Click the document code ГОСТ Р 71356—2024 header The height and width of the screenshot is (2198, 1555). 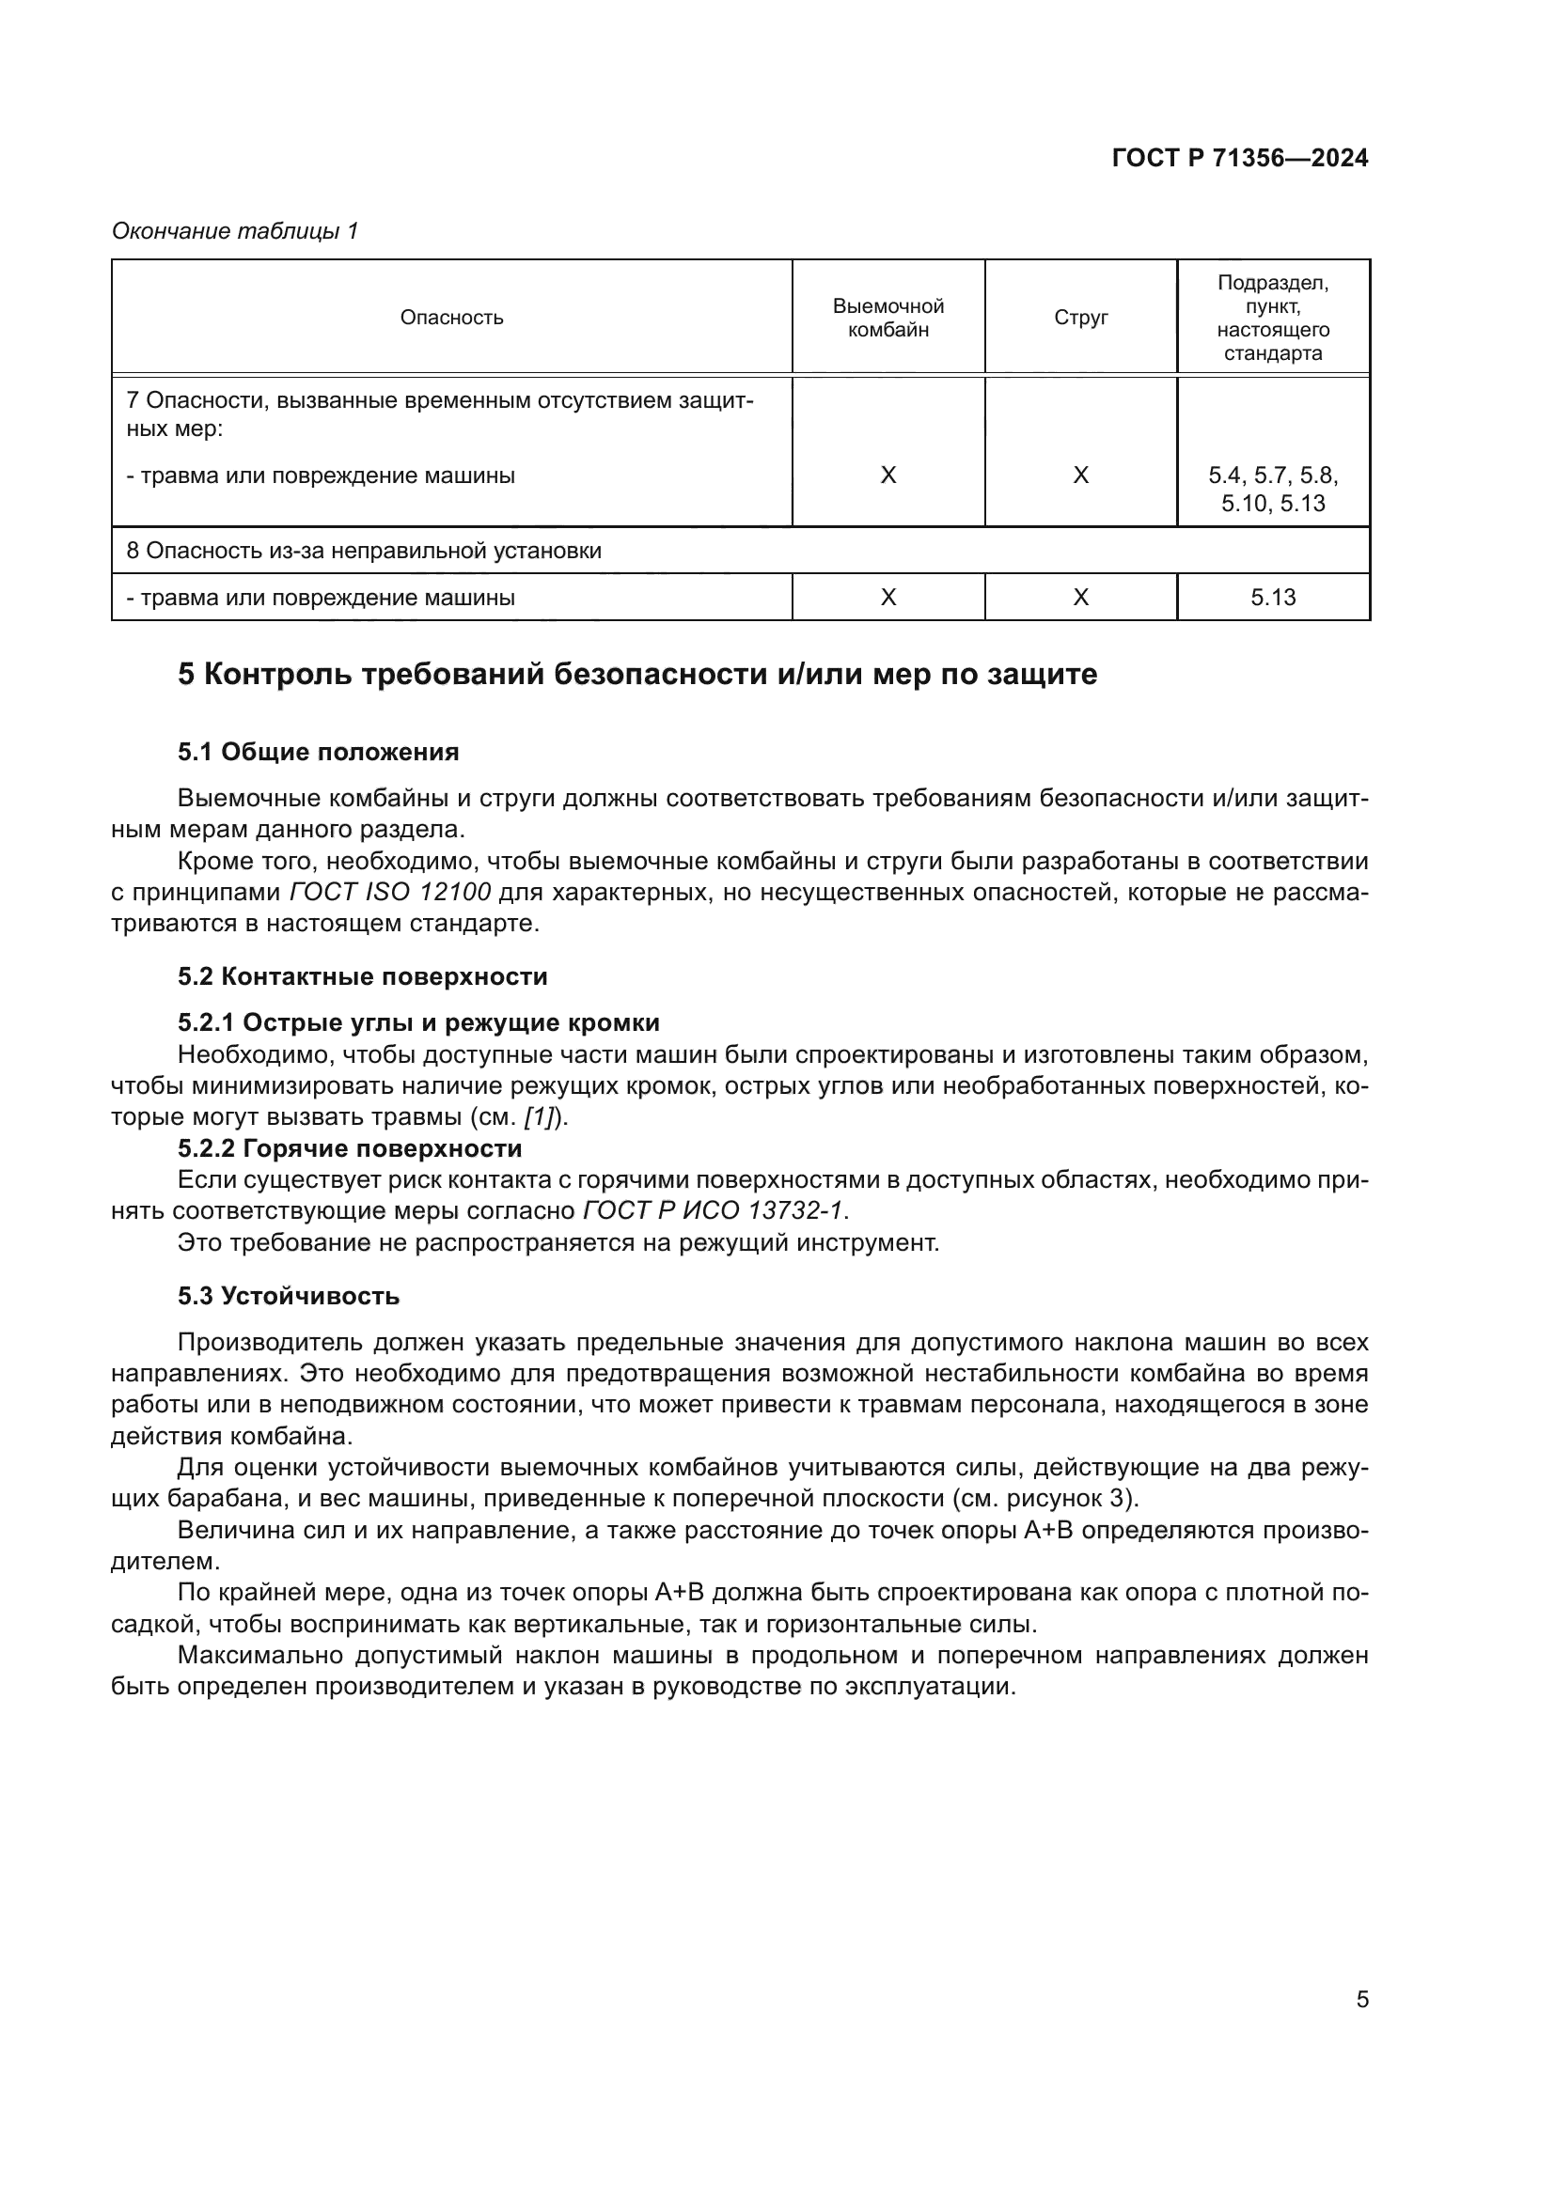tap(1239, 159)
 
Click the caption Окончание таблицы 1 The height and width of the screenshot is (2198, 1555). tap(235, 231)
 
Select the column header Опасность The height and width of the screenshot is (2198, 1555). tap(451, 318)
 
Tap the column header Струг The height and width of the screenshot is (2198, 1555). tap(1080, 318)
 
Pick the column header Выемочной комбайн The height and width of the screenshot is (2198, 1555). tap(887, 318)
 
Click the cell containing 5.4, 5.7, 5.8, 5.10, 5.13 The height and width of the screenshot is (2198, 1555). tap(1273, 490)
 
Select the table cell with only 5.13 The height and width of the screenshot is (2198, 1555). tap(1273, 598)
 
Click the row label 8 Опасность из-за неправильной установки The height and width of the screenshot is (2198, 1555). tap(364, 551)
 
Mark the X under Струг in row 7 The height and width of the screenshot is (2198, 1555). tap(1080, 475)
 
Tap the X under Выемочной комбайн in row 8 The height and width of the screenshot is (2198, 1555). tap(887, 598)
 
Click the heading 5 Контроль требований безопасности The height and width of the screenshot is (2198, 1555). tap(636, 675)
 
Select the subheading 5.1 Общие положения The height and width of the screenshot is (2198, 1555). tap(318, 753)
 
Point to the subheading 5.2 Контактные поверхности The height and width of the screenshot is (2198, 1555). tap(362, 977)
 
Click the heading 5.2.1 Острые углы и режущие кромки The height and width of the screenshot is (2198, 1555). tap(418, 1023)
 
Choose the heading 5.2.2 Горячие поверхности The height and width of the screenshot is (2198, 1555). tap(350, 1147)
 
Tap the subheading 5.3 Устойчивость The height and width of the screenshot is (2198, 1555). tap(289, 1296)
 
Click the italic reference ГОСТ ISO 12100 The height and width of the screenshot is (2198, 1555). tap(390, 892)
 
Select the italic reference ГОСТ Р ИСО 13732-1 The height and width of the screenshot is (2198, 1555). tap(714, 1211)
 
